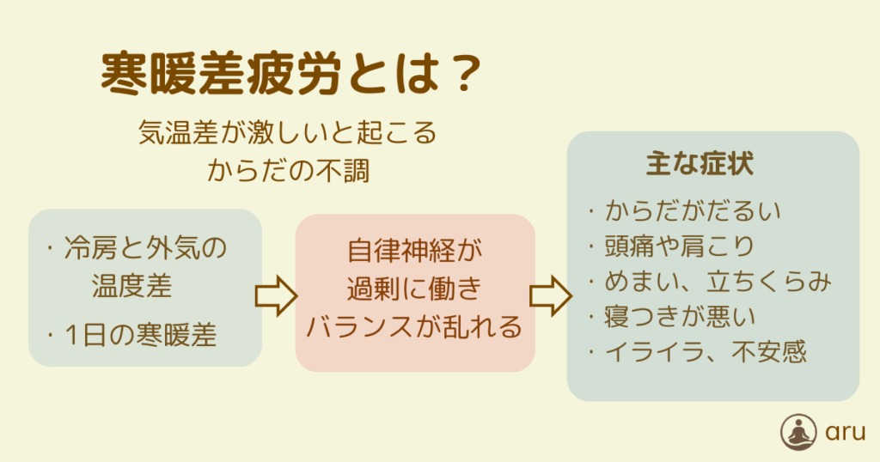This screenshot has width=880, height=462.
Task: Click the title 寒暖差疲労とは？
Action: point(291,74)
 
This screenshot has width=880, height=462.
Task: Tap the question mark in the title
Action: point(462,74)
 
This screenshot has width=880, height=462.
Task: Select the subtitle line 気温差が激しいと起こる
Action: point(287,132)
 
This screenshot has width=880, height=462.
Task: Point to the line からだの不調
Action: point(289,170)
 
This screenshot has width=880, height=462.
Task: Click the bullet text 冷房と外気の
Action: point(145,248)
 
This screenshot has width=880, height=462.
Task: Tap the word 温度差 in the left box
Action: point(131,285)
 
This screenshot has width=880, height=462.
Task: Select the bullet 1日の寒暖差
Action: point(140,335)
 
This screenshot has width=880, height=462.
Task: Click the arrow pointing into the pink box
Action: point(276,295)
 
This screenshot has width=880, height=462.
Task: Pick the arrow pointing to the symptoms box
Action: point(551,295)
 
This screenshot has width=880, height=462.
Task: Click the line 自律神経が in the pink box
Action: point(415,250)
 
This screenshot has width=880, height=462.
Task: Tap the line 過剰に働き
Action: point(415,289)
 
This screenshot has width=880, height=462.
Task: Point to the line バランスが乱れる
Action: point(415,327)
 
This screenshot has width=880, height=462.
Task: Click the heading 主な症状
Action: point(700,163)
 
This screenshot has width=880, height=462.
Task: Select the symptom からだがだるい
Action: point(693,211)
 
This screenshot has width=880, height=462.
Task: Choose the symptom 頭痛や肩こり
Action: point(680,246)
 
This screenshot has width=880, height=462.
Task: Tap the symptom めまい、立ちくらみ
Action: point(718,282)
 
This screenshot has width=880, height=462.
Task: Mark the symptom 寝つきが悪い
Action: point(680,317)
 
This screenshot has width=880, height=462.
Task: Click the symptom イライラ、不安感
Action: point(706,352)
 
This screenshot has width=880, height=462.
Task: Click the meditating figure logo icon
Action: point(798,432)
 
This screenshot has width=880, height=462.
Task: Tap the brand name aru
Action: point(845,433)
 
